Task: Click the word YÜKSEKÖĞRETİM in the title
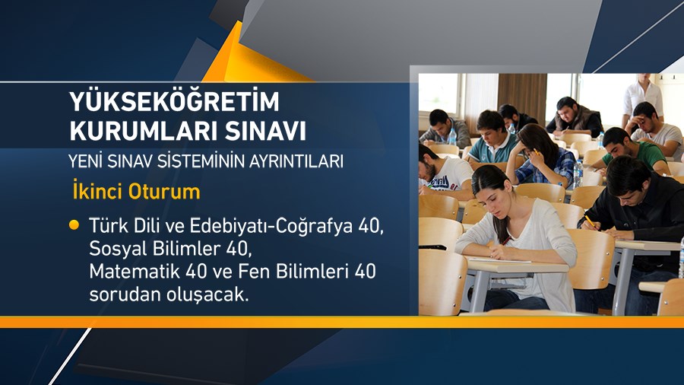pos(175,101)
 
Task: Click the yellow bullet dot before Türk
pos(74,225)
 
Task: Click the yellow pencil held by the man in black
pos(587,221)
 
